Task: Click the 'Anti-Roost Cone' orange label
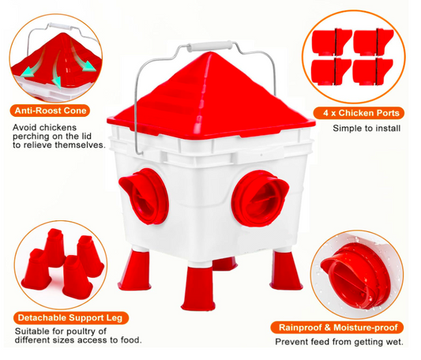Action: point(51,111)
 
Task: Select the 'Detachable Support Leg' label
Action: point(70,318)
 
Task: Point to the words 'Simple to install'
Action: point(366,129)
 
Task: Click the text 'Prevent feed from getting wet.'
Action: point(339,342)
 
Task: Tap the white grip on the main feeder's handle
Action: point(209,46)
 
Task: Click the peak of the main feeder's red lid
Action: point(209,54)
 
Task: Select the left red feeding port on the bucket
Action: point(144,196)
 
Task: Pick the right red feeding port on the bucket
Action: point(259,198)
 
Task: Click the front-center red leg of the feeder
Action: point(198,288)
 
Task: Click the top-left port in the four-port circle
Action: point(332,43)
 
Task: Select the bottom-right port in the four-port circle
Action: point(372,72)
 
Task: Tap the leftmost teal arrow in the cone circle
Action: point(32,69)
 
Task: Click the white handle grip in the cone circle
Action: point(59,27)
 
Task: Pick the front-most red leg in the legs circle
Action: point(76,277)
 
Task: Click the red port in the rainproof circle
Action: point(355,276)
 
